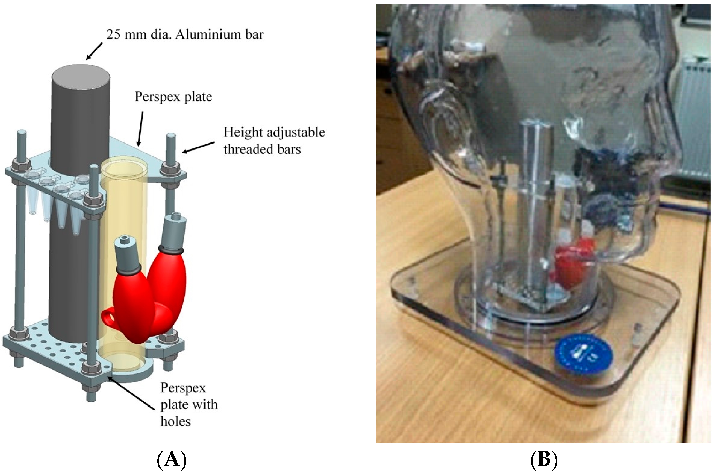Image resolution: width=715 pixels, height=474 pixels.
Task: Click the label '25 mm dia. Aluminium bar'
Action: pos(185,35)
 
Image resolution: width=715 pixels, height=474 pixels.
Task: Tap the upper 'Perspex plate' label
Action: pos(173,97)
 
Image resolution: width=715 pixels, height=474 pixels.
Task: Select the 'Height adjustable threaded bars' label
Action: pos(274,141)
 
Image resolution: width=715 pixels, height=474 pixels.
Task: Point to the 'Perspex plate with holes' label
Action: pos(188,404)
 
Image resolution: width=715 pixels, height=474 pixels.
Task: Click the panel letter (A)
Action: pos(172,460)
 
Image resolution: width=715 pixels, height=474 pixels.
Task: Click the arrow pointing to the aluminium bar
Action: pos(94,50)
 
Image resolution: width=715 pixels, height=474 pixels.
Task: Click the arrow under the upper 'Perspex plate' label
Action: pos(140,129)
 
